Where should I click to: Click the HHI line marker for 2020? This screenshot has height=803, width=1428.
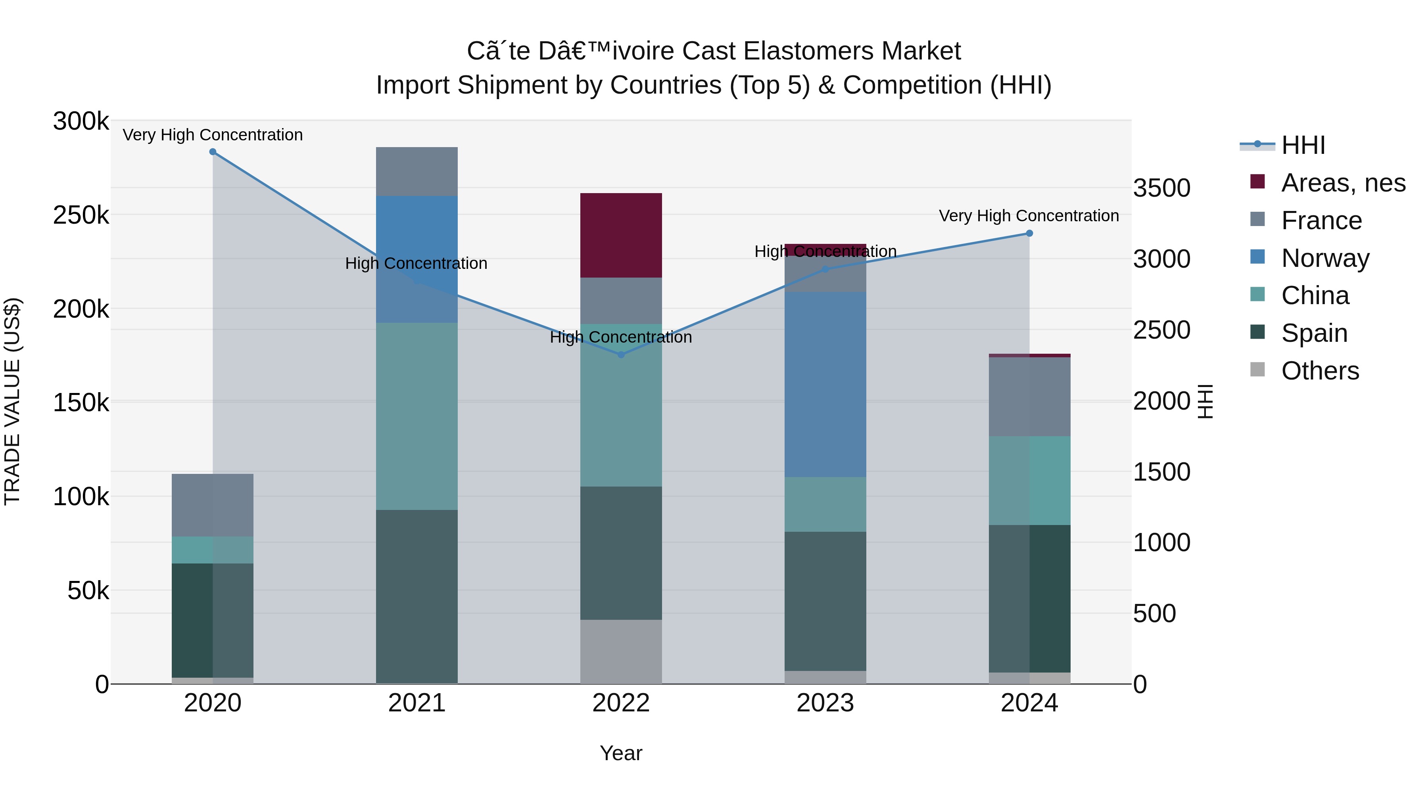(x=213, y=152)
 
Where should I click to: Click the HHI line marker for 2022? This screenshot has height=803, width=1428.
(x=621, y=355)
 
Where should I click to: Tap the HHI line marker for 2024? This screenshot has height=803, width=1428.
(x=1029, y=233)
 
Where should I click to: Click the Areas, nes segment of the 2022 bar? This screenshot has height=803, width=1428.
(x=621, y=235)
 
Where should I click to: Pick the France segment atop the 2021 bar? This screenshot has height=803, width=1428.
(x=417, y=171)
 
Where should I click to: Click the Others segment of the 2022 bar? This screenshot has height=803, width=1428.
(x=621, y=651)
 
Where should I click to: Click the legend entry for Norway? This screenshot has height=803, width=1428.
(x=1325, y=258)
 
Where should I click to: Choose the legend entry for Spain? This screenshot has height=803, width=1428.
(x=1314, y=333)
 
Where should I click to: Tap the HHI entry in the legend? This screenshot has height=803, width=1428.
(x=1303, y=145)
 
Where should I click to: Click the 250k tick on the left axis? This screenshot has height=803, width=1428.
(x=81, y=215)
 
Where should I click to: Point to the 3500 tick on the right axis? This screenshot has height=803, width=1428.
(x=1161, y=188)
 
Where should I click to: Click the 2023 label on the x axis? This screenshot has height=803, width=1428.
(x=825, y=703)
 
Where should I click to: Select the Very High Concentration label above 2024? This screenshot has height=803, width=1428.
(x=1029, y=216)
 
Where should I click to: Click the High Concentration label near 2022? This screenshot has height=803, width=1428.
(x=621, y=337)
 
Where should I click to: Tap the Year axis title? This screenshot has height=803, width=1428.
(x=621, y=753)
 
